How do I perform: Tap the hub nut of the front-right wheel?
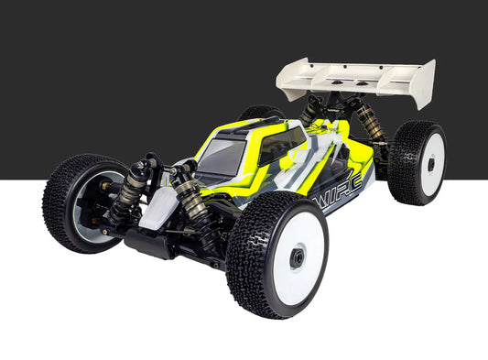pos(298,259)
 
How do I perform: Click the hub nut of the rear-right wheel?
pos(431,166)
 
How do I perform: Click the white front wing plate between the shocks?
pos(157,207)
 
